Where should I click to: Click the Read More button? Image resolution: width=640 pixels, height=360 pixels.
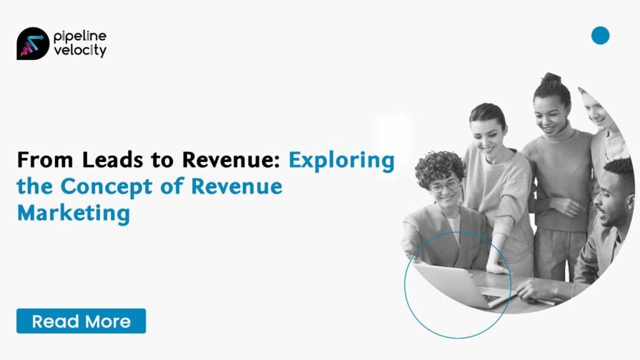(81, 321)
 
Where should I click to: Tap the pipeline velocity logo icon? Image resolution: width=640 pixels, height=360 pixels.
(32, 44)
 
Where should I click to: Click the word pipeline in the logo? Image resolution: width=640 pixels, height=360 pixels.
(80, 37)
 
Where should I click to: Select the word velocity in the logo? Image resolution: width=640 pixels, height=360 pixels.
(80, 51)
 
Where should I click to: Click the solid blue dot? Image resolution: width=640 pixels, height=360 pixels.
(600, 35)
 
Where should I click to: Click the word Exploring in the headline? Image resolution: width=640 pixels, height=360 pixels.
(342, 161)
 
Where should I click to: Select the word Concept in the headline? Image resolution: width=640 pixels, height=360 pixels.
(106, 187)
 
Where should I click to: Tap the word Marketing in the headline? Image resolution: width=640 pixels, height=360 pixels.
(74, 213)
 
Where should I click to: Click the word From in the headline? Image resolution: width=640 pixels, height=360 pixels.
(45, 159)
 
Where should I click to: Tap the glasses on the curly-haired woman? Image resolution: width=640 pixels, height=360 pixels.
(444, 186)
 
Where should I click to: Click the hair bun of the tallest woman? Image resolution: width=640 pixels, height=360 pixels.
(551, 78)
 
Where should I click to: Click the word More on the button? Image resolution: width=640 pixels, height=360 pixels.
(108, 322)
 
